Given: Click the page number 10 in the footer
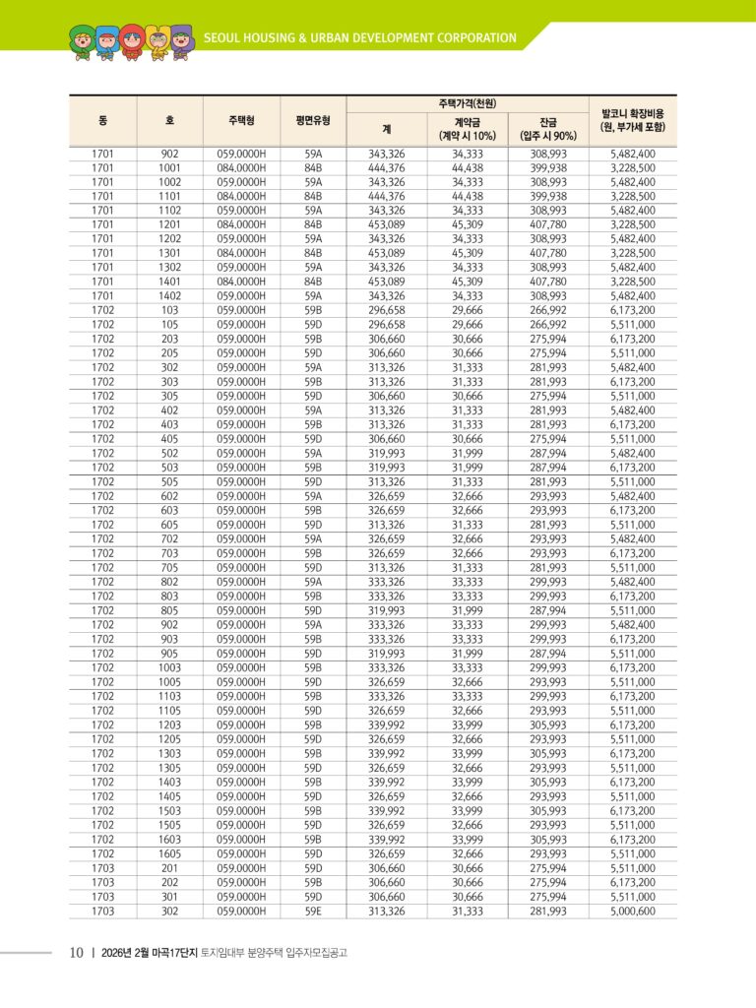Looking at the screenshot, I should point(76,953).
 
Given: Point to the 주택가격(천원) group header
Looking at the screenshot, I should point(467,103).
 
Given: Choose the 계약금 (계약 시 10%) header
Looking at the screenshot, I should point(467,128).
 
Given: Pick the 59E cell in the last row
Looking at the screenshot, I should point(313,912).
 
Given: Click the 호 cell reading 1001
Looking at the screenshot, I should point(169,168).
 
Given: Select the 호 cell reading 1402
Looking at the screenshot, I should point(169,296).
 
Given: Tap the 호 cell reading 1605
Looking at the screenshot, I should point(169,854).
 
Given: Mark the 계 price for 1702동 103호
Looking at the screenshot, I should point(387,310).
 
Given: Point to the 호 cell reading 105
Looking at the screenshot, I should point(169,325).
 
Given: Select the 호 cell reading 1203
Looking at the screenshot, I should point(169,725).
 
